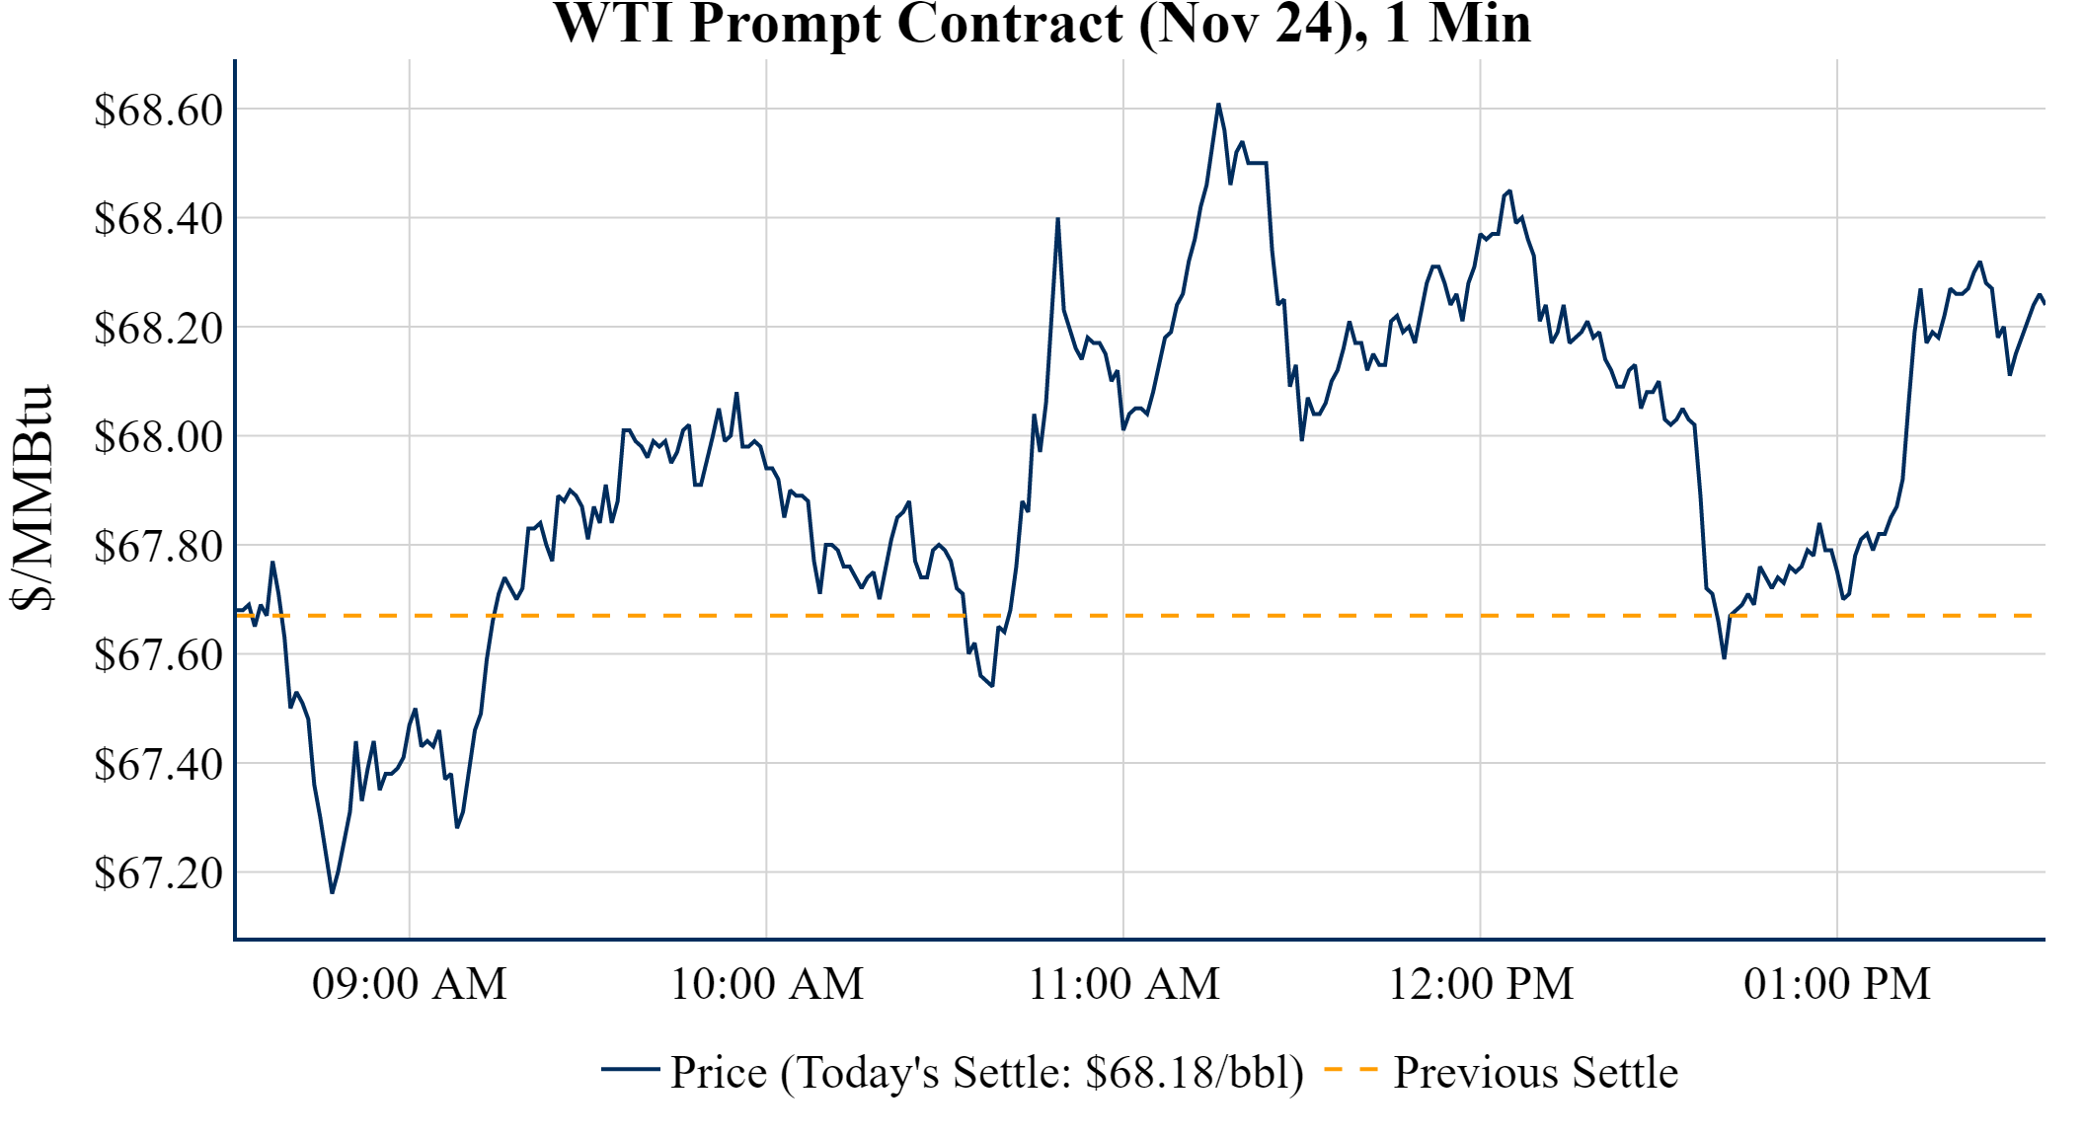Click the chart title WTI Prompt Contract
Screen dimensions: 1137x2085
[1042, 24]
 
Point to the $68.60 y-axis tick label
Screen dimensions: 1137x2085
[158, 110]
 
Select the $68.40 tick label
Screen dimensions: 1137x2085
[158, 218]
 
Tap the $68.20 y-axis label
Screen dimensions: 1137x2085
[158, 328]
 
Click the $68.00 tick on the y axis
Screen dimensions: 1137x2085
[158, 436]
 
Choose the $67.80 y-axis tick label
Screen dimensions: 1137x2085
[158, 546]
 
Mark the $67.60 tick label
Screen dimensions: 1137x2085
[158, 654]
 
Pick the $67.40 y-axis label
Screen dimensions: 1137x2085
[158, 764]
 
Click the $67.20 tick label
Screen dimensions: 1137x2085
[158, 872]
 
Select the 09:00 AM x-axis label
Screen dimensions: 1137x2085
[410, 984]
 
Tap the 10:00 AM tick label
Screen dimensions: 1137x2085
[767, 984]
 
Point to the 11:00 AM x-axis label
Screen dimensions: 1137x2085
[1124, 984]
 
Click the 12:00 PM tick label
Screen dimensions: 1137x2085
[1481, 984]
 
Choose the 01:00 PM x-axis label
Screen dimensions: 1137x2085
[1837, 984]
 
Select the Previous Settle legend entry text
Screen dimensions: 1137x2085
[1535, 1073]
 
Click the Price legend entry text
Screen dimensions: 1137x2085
[987, 1073]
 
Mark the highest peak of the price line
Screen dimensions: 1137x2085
[1218, 105]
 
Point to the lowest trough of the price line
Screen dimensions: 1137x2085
[332, 892]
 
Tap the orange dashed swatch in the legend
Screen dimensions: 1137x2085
[1350, 1070]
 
